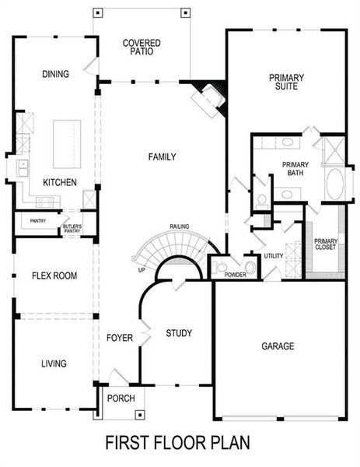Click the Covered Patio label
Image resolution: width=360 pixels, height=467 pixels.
[142, 47]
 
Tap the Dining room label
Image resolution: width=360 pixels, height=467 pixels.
[55, 75]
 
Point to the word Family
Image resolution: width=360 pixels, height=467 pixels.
[163, 157]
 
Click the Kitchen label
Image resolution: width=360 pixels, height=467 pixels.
[59, 182]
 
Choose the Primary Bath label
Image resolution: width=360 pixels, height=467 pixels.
[296, 169]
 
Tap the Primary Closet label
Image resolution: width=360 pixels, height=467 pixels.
[325, 244]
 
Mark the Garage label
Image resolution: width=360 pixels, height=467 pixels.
[278, 346]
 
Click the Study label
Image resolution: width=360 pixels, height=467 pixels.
[179, 334]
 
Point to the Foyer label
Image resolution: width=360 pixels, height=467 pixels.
[121, 338]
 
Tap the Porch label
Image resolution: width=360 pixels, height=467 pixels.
[121, 399]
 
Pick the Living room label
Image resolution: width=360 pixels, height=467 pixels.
[54, 363]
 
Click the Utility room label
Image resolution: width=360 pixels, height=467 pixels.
[274, 256]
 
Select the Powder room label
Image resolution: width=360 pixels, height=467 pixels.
[235, 276]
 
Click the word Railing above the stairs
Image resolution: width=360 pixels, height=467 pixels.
[180, 226]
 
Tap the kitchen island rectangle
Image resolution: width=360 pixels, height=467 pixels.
[68, 144]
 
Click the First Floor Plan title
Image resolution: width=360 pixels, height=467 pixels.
[178, 443]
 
